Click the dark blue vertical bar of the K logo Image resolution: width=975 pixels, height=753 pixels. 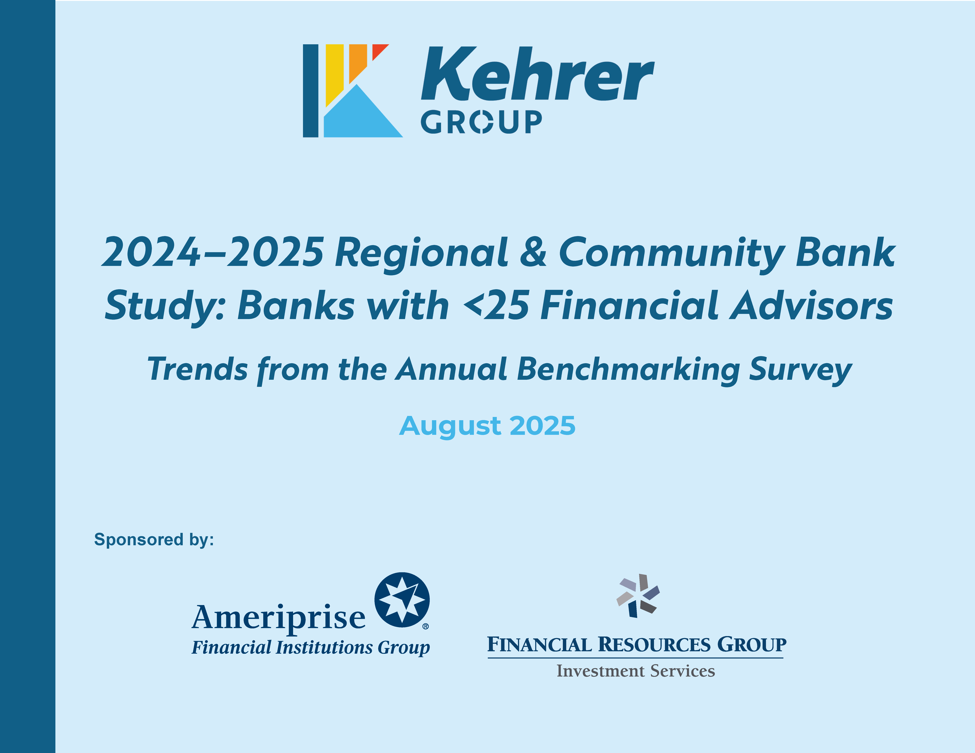[311, 91]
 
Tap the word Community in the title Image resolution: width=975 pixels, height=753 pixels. [672, 254]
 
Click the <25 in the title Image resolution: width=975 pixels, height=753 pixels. [496, 306]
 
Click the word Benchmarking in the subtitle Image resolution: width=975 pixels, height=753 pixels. [628, 370]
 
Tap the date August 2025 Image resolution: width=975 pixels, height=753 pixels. [487, 426]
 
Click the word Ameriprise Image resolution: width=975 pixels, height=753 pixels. [279, 618]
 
